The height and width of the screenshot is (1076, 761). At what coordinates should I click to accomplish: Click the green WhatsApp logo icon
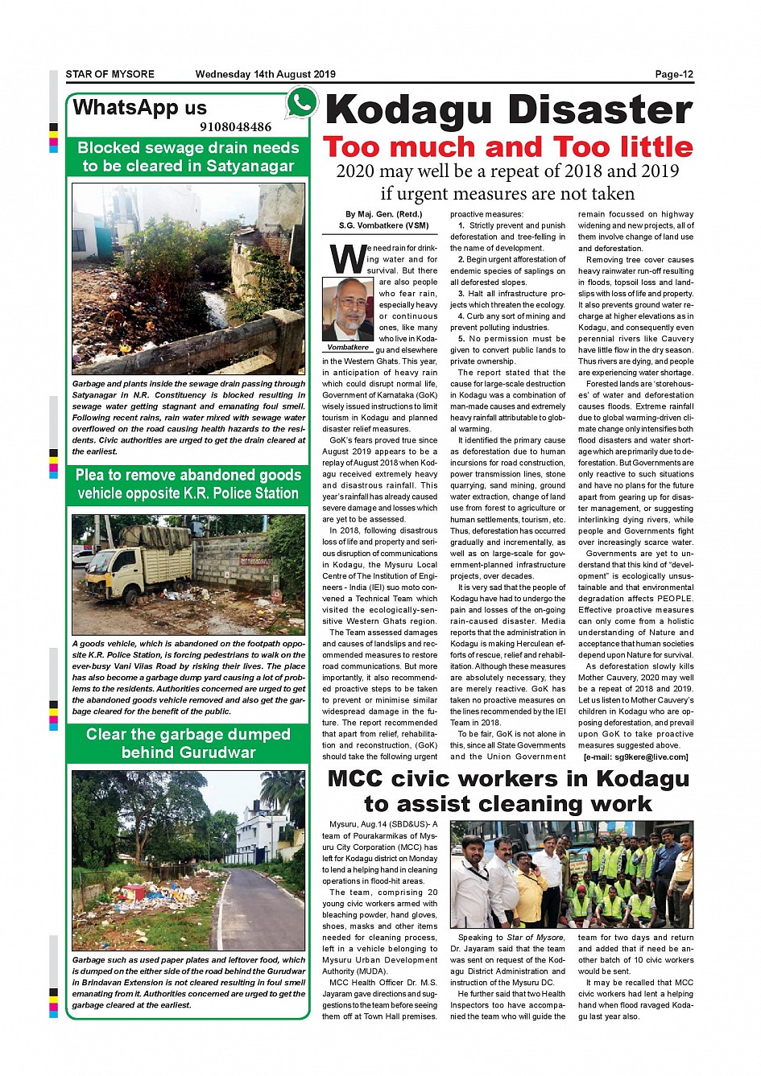click(302, 102)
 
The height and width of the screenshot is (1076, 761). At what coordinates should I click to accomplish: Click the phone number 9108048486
click(235, 126)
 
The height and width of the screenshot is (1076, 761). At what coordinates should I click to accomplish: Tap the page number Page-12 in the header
click(674, 74)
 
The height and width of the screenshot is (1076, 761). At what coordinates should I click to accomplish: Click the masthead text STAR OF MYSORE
click(110, 74)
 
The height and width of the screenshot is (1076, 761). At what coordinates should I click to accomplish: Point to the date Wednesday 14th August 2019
click(265, 74)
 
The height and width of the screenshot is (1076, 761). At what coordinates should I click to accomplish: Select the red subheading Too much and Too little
click(507, 147)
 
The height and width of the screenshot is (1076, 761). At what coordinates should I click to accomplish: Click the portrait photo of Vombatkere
click(348, 309)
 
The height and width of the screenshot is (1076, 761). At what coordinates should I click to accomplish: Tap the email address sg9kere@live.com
click(636, 756)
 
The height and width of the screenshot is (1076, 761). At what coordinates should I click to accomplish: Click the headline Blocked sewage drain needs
click(188, 148)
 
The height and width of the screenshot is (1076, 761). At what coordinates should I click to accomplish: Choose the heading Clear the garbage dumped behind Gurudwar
click(188, 743)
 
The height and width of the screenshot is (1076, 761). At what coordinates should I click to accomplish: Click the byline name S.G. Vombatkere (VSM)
click(383, 225)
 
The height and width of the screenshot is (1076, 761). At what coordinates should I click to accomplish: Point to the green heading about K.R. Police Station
click(188, 484)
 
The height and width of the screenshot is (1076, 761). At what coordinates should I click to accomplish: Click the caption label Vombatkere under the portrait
click(348, 348)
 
